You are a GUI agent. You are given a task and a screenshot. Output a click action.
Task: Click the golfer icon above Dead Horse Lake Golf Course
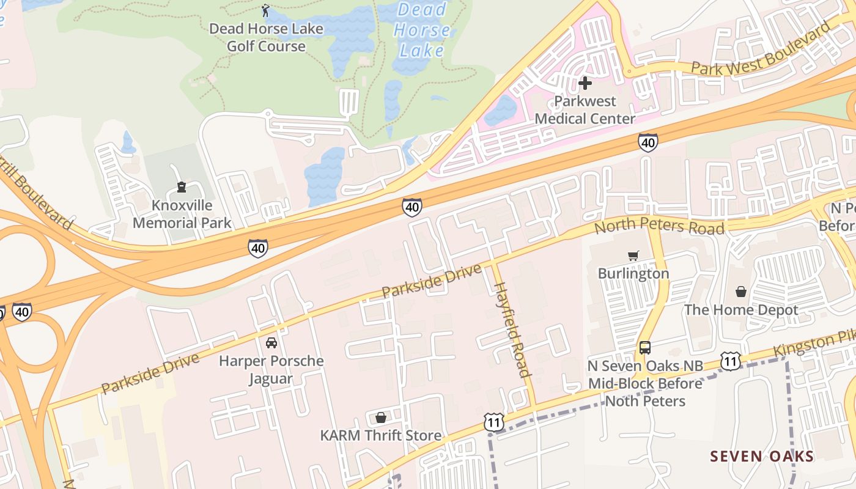pos(265,10)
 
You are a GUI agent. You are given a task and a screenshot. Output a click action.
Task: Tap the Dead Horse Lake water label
pos(421,29)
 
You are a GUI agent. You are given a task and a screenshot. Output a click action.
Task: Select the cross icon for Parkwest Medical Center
pos(585,83)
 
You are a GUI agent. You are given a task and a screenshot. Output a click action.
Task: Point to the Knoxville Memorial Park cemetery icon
pos(181,186)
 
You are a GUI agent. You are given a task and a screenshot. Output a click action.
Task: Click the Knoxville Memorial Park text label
pos(182,214)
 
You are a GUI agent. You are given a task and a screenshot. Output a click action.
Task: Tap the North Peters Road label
pos(659,227)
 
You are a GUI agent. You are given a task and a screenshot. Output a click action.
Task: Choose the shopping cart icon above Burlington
pos(633,256)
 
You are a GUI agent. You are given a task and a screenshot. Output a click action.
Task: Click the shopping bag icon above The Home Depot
pos(741,292)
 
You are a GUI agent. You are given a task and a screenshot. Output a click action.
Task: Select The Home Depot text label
pos(741,310)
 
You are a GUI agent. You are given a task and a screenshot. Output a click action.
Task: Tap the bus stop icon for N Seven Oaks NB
pos(645,348)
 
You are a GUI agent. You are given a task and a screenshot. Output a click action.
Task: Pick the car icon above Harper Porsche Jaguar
pos(271,342)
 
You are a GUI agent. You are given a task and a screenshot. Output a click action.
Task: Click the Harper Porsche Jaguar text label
pos(271,369)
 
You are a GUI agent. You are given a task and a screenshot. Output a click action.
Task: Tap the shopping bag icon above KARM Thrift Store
pos(381,417)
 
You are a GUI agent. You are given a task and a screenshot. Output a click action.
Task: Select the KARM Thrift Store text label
pos(381,435)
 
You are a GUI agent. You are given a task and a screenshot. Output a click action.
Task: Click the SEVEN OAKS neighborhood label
pos(762,456)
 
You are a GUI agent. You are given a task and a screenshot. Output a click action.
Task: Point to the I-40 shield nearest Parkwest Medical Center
pos(648,142)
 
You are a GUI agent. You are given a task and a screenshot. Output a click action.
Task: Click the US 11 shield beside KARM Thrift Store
pos(494,422)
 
